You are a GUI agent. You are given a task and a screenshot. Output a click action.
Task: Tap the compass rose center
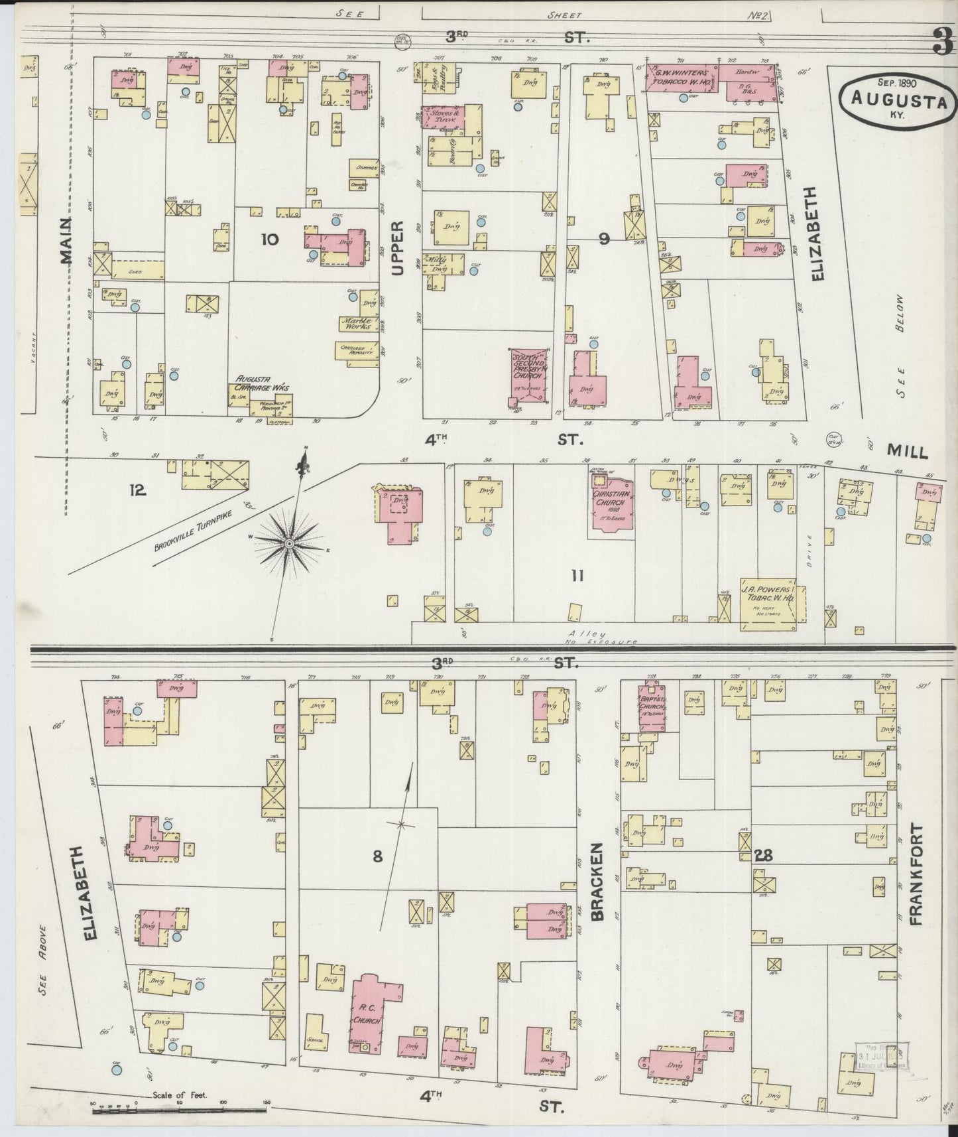(289, 543)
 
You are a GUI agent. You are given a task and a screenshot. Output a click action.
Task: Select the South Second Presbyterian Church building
(529, 373)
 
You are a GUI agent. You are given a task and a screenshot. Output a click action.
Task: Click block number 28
(763, 856)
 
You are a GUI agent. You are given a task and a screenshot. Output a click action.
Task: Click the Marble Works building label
(358, 324)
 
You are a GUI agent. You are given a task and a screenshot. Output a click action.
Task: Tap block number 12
(138, 490)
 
